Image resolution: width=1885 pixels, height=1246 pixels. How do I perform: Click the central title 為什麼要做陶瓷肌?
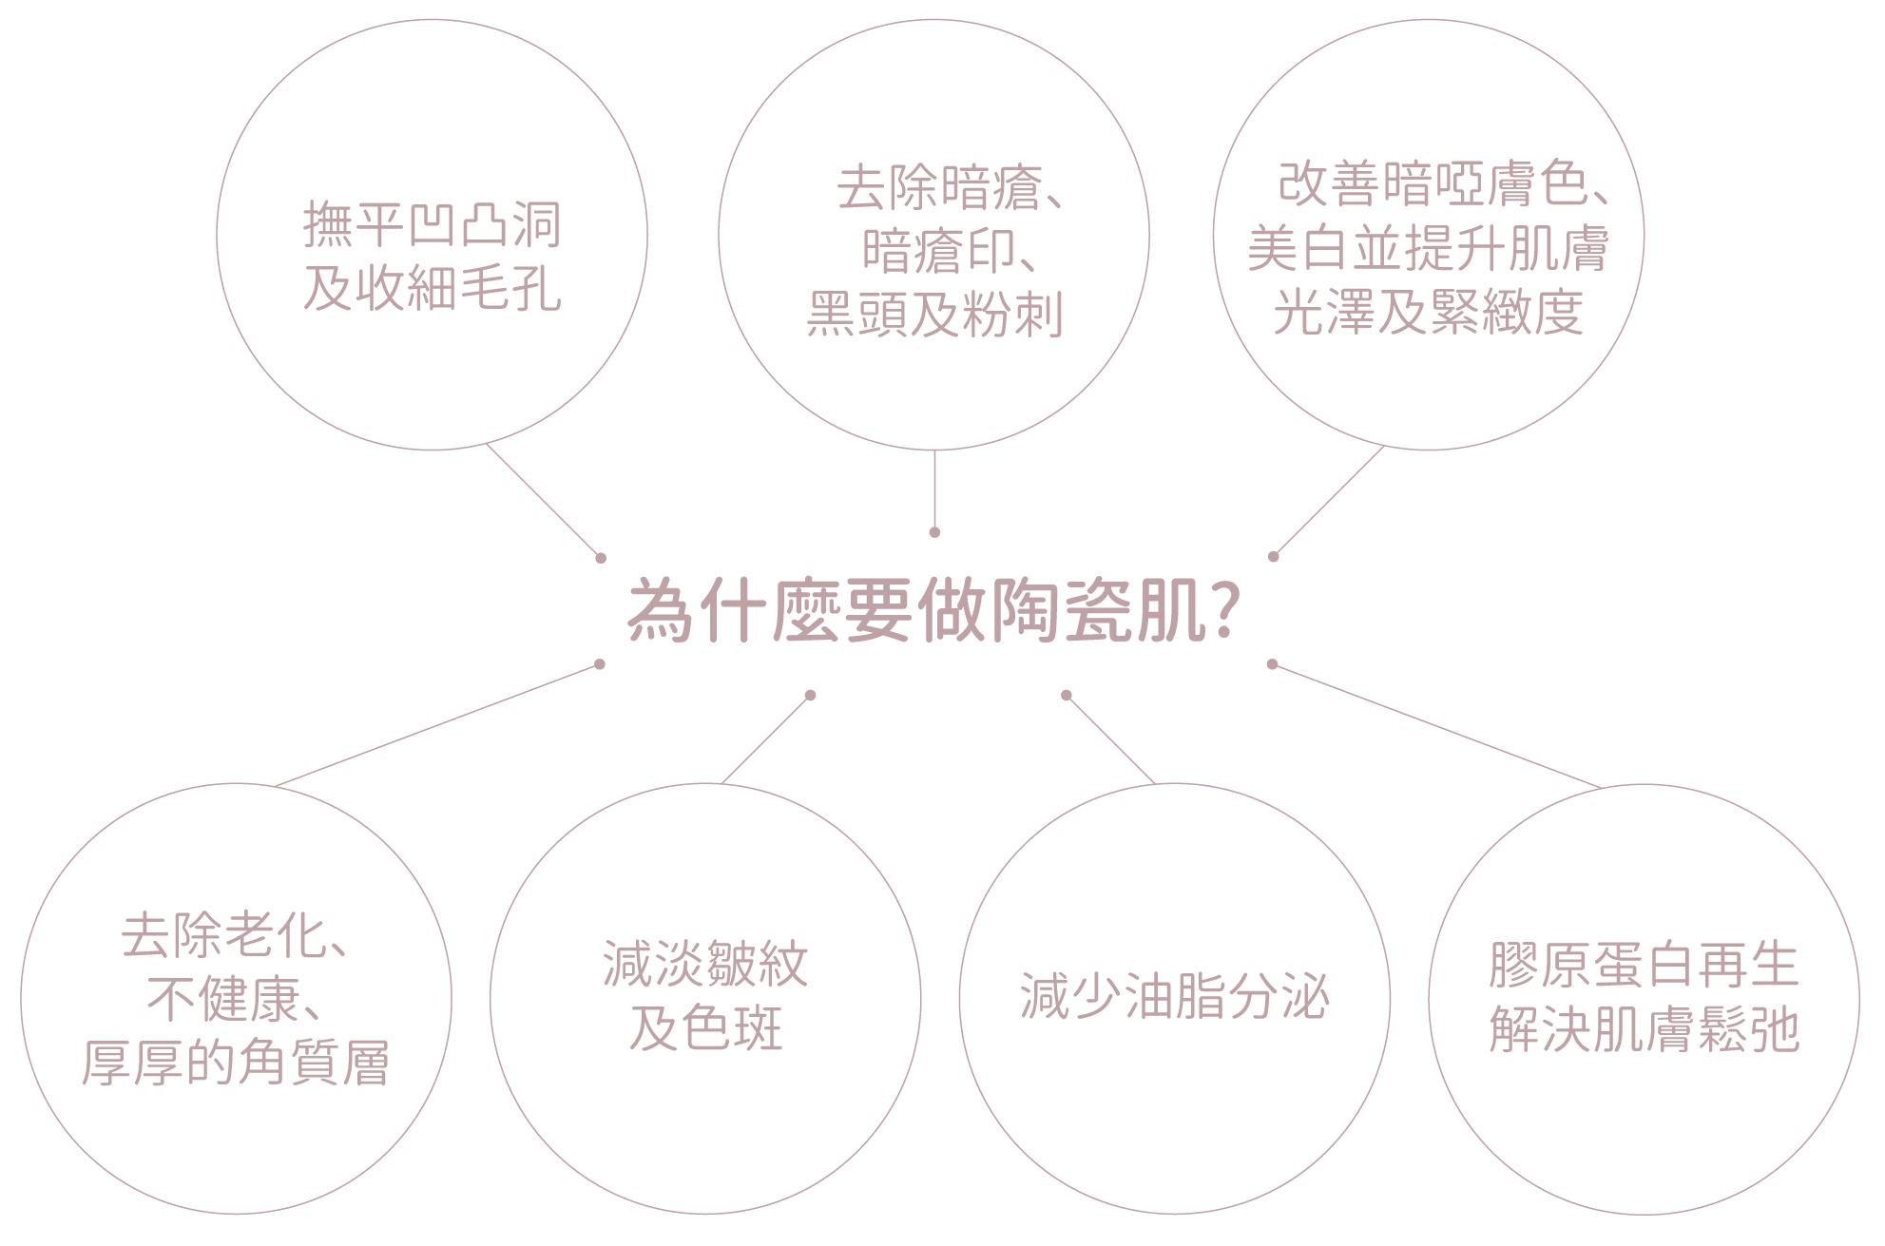coord(930,613)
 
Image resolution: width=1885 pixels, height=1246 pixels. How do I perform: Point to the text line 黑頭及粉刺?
coord(934,314)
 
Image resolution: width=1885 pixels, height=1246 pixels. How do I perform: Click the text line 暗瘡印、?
coord(949,251)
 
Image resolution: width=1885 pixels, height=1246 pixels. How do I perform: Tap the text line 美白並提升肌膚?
coord(1429,248)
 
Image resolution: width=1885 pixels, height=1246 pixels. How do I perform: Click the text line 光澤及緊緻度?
coord(1429,312)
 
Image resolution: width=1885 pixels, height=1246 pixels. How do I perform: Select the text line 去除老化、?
coord(234,936)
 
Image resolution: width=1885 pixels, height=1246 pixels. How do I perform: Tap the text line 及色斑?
coord(705,1029)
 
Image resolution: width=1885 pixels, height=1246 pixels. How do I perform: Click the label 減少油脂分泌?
coord(1174,998)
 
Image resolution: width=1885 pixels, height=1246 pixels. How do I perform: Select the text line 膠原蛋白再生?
coord(1644,965)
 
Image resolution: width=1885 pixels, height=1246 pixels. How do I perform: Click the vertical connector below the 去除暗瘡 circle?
coord(934,489)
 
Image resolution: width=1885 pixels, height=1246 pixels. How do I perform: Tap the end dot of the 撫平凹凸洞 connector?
coord(600,557)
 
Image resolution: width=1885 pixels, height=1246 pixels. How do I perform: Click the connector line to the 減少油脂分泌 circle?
coord(1110,739)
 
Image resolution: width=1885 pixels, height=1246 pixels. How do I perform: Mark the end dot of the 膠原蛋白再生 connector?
coord(1273,664)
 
